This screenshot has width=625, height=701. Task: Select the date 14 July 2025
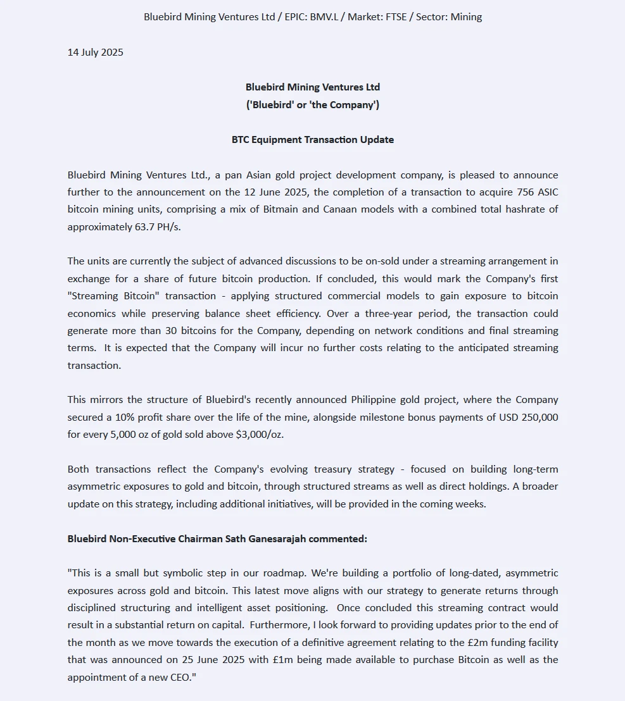pyautogui.click(x=96, y=53)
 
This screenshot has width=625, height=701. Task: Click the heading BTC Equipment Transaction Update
pyautogui.click(x=313, y=140)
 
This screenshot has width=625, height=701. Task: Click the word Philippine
pyautogui.click(x=374, y=400)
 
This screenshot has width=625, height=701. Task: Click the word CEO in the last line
pyautogui.click(x=175, y=677)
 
